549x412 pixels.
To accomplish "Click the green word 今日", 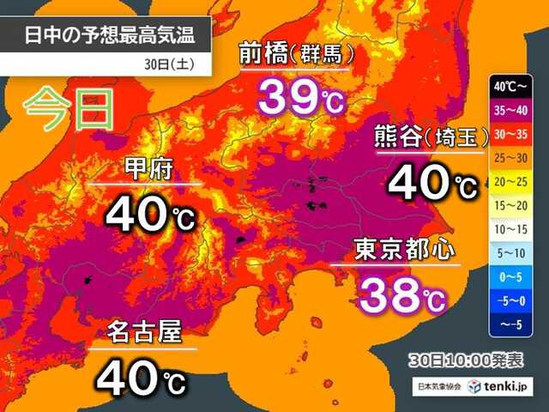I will [x=69, y=110].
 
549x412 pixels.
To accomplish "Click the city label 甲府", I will [x=148, y=168].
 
